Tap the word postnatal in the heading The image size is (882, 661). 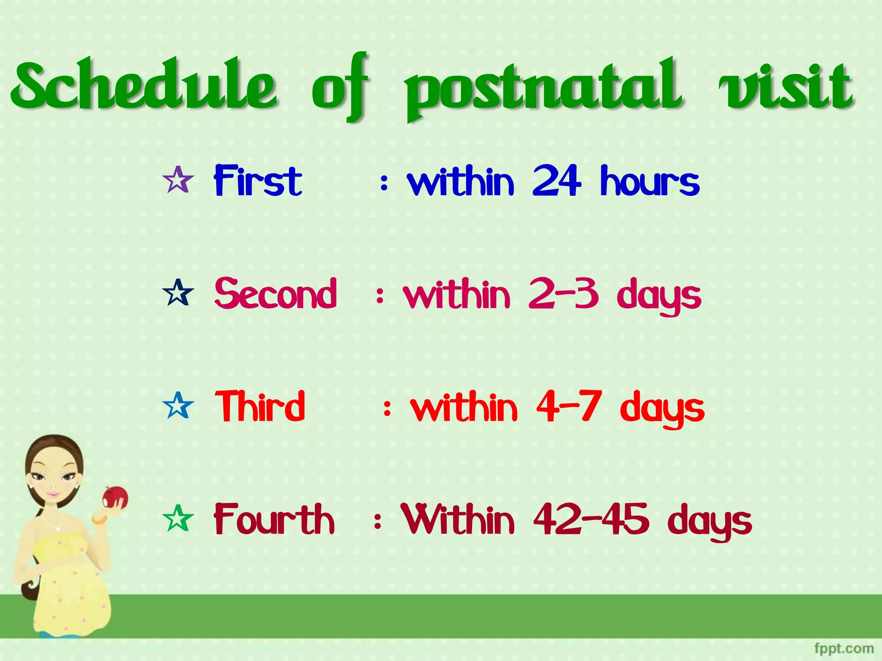point(543,88)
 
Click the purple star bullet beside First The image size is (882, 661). point(178,180)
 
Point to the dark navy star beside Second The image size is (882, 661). point(178,293)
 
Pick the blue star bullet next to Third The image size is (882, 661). point(178,405)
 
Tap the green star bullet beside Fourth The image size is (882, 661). point(178,518)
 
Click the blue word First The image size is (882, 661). point(258,181)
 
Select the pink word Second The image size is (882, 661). point(276,293)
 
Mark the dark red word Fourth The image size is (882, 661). point(274,519)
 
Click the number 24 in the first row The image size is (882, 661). point(557,181)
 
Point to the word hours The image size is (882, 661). point(650,181)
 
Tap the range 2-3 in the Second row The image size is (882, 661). point(563,293)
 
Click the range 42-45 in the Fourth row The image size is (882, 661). point(591,519)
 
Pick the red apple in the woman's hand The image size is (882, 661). point(115,497)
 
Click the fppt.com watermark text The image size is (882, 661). point(844,648)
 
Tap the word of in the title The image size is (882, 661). point(340,86)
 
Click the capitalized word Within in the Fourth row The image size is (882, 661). point(458,519)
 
